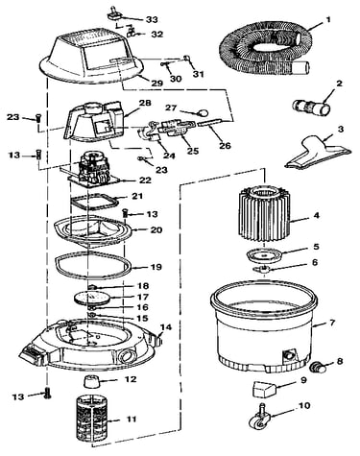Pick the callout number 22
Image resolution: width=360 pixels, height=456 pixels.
(x=145, y=180)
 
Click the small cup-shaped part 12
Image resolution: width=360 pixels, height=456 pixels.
(x=90, y=381)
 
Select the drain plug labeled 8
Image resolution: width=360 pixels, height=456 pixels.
(x=319, y=367)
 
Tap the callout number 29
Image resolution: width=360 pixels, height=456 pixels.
(x=156, y=84)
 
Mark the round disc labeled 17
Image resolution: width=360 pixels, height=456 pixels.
(x=91, y=298)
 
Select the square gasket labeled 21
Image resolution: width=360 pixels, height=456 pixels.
(x=93, y=202)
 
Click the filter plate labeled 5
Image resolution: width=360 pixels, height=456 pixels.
(x=264, y=255)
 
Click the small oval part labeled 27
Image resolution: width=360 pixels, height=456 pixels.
(x=203, y=112)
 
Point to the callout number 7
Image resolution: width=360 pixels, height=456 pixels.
(x=332, y=323)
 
